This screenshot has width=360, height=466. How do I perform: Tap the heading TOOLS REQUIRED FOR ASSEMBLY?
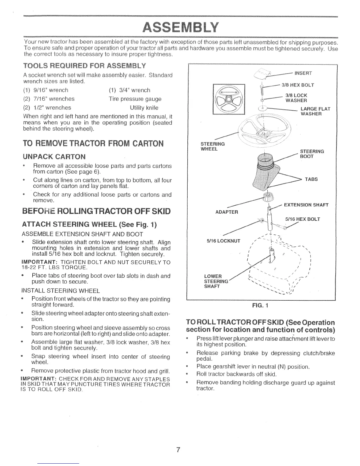click(84, 65)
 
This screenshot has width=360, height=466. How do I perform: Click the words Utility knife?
click(144, 108)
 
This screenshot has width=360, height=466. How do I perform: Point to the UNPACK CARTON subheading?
click(54, 156)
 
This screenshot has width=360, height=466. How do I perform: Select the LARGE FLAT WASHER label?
click(315, 111)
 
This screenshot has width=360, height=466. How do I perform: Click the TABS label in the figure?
click(311, 179)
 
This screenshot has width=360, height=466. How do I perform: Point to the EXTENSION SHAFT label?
click(306, 205)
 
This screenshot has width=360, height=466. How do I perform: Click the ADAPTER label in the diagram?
click(227, 212)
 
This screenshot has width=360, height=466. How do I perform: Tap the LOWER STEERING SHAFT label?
click(216, 282)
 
